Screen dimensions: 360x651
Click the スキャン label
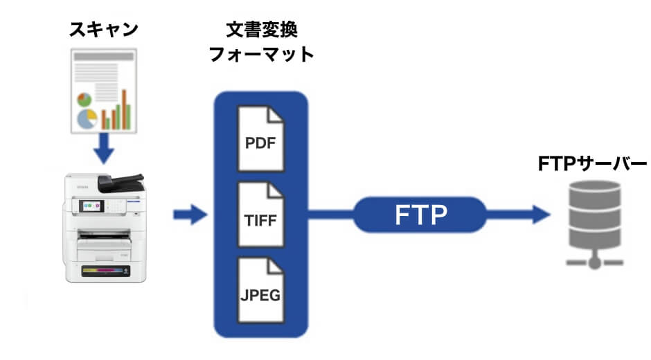[x=103, y=29]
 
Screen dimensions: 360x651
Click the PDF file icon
[x=260, y=138]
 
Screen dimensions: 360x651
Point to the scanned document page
[x=103, y=91]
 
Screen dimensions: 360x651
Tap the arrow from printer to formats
[x=190, y=215]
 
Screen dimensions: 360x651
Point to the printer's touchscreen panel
[x=92, y=206]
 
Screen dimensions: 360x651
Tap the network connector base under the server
[x=592, y=262]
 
